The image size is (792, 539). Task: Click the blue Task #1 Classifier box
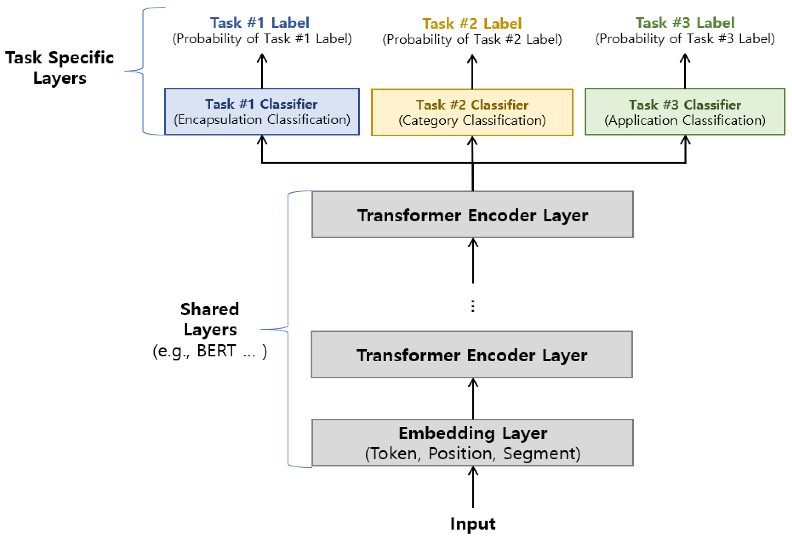click(262, 112)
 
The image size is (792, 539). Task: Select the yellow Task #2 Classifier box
click(472, 112)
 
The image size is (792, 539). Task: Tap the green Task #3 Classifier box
click(685, 112)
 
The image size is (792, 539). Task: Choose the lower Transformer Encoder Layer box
click(472, 355)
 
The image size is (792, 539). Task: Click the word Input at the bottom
click(473, 524)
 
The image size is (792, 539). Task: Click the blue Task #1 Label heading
click(260, 23)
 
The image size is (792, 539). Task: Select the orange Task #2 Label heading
click(472, 23)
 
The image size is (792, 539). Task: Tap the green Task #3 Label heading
click(685, 23)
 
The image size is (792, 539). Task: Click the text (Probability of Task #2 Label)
click(472, 39)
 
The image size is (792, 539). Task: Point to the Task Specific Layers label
click(60, 67)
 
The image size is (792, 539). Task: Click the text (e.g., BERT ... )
click(210, 351)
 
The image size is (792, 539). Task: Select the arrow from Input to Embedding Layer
click(473, 487)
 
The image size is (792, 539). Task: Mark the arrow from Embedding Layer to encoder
click(473, 398)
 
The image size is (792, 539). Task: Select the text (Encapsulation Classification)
click(262, 120)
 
